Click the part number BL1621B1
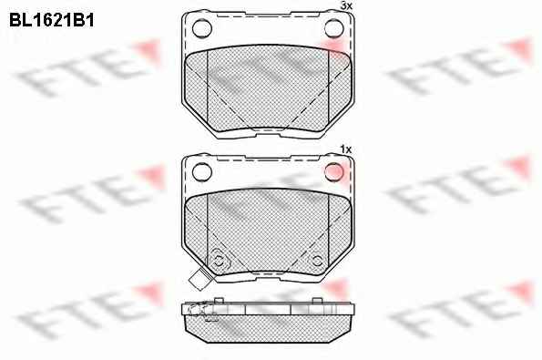52,20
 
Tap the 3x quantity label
346,5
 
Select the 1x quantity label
345,149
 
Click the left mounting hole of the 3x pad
202,28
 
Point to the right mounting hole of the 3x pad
334,28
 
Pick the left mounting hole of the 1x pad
202,172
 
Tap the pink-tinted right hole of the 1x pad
334,171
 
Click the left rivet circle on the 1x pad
219,261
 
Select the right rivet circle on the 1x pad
317,261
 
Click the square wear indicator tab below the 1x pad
198,280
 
